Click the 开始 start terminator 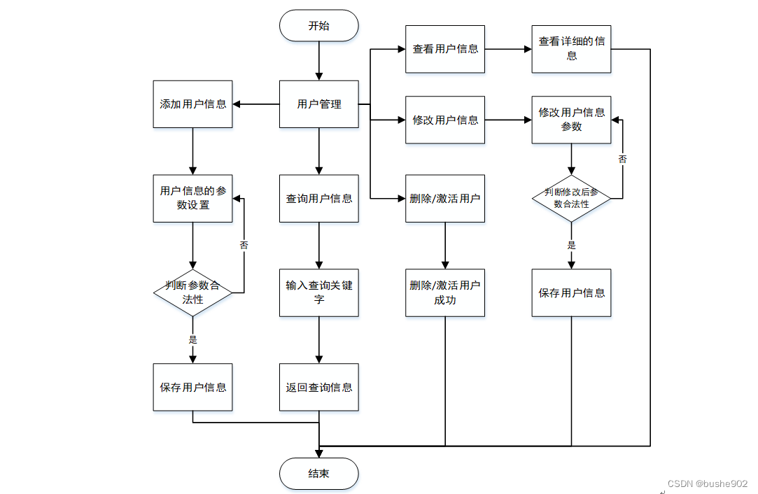point(318,26)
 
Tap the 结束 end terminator point(318,474)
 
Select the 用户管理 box point(318,104)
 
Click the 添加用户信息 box point(193,104)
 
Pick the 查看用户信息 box point(444,49)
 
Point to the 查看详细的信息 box point(571,49)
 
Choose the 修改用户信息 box point(444,120)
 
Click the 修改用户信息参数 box point(571,120)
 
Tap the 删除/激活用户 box point(444,198)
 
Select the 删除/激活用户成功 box point(444,293)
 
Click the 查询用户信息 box point(318,198)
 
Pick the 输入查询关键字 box point(318,293)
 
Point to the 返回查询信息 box point(318,387)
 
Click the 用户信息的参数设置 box point(193,198)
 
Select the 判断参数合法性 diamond point(193,293)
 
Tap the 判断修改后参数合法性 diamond point(571,198)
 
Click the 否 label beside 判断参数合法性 point(244,245)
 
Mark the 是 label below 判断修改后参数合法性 point(571,245)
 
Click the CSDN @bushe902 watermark point(707,484)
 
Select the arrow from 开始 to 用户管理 point(318,61)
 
